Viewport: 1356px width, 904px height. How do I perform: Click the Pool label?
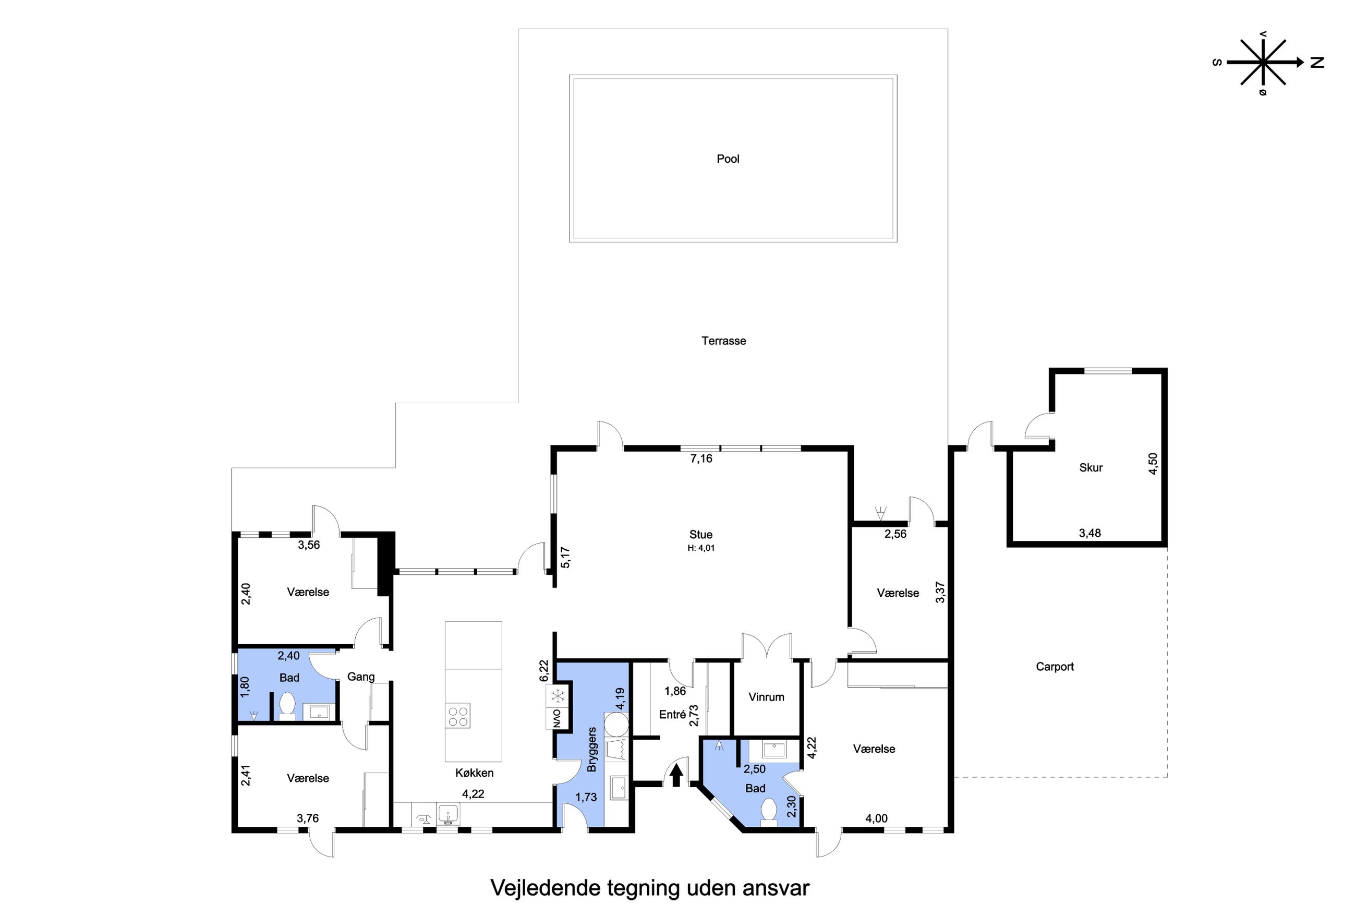click(x=728, y=159)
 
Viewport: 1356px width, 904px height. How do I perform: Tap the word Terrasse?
click(x=724, y=341)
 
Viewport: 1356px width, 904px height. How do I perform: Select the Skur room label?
click(x=1091, y=467)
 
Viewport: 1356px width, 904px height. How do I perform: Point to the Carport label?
click(x=1055, y=667)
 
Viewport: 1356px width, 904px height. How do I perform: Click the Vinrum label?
click(x=766, y=697)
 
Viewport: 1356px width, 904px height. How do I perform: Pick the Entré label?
click(x=673, y=714)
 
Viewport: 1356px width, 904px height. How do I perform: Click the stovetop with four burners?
click(x=458, y=716)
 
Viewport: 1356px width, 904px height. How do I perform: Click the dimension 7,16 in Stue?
click(x=701, y=459)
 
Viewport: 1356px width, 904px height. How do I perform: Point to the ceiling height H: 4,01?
click(x=701, y=548)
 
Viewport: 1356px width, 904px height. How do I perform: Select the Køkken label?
click(x=474, y=773)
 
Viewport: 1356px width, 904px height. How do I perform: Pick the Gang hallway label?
click(x=361, y=678)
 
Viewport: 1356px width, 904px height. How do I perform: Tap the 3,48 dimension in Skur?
click(x=1090, y=533)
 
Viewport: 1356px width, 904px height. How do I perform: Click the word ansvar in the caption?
click(x=775, y=888)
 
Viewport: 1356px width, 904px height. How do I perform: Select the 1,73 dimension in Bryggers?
click(x=586, y=798)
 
